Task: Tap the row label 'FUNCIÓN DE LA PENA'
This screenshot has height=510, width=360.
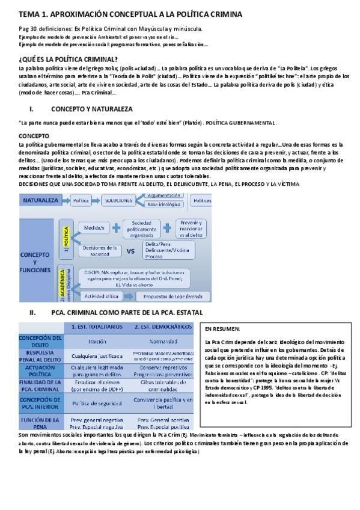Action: coord(40,422)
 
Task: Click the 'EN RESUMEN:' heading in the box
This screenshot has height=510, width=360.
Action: coord(222,330)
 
